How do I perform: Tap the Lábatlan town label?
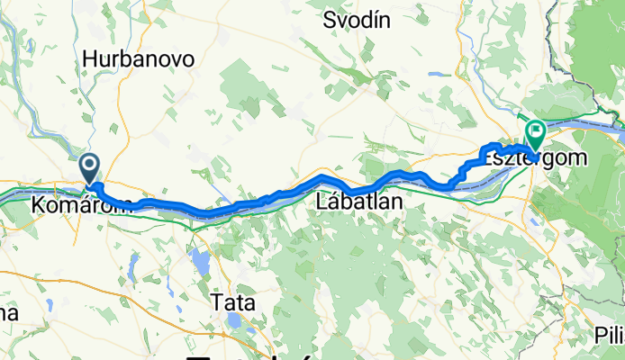(x=359, y=203)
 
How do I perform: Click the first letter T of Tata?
(x=214, y=301)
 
